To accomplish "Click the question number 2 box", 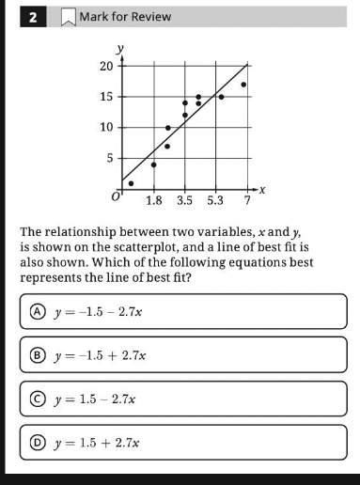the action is (x=33, y=17).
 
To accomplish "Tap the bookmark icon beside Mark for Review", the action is (x=67, y=17).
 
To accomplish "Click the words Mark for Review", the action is (x=125, y=17).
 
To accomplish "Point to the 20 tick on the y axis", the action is (x=106, y=66).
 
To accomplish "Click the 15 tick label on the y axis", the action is (x=106, y=97).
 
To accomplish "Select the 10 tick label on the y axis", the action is (x=106, y=127).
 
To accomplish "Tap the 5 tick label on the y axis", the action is (x=109, y=158).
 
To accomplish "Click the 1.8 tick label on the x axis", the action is (x=156, y=200).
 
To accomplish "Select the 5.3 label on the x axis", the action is (x=216, y=200).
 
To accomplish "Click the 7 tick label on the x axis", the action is (x=248, y=200).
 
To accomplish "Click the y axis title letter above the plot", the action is (x=119, y=47).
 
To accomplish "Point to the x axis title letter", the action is (x=264, y=190).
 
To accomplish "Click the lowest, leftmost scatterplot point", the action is (x=131, y=183).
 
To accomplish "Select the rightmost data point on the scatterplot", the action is (x=243, y=85).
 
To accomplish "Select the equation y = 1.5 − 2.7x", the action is (x=95, y=399).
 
